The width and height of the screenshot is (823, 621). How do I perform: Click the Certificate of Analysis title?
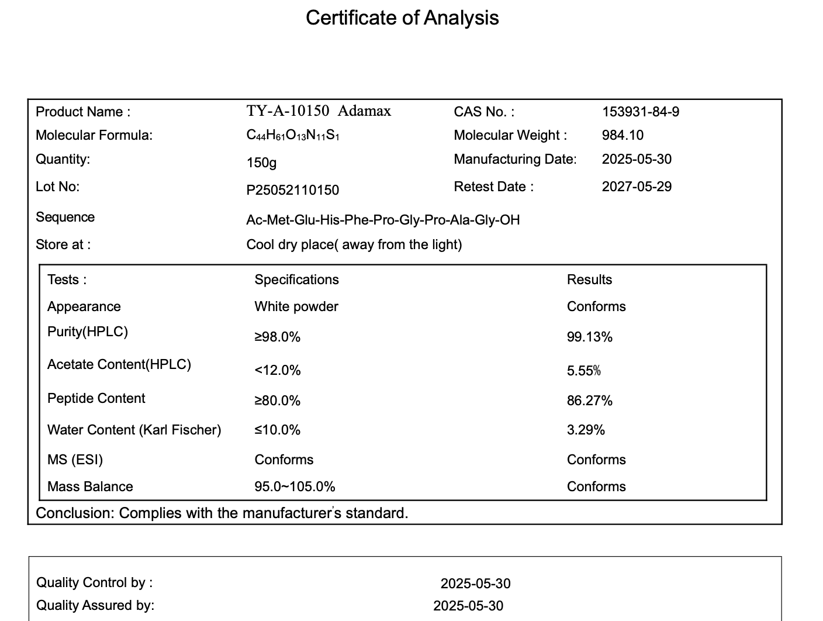point(402,18)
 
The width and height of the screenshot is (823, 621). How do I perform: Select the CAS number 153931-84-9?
point(641,112)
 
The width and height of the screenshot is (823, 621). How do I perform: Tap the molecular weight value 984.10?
point(623,135)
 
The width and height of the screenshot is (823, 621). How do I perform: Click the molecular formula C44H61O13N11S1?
point(293,136)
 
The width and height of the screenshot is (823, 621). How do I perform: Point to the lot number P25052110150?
point(292,190)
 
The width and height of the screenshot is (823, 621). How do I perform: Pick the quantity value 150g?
point(261,163)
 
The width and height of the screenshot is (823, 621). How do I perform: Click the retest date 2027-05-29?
point(637,187)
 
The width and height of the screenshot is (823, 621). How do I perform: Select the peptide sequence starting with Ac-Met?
point(383,220)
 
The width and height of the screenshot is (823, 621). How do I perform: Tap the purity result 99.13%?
point(589,337)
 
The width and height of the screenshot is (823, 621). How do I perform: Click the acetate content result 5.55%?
point(583,371)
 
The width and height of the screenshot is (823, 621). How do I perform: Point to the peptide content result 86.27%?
point(589,401)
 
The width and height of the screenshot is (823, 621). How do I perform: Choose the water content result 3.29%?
point(586,430)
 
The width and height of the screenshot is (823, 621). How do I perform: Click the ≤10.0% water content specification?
point(277,430)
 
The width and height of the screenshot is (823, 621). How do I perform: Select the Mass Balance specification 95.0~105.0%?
point(295,487)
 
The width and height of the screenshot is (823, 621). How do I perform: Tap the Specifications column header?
point(296,280)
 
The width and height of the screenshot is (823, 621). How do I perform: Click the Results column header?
point(589,280)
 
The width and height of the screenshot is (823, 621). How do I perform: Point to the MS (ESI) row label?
point(75,460)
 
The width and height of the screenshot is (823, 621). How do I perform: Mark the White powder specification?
point(296,306)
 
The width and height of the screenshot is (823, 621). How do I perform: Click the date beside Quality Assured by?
point(468,606)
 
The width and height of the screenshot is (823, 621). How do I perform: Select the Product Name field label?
point(83,112)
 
